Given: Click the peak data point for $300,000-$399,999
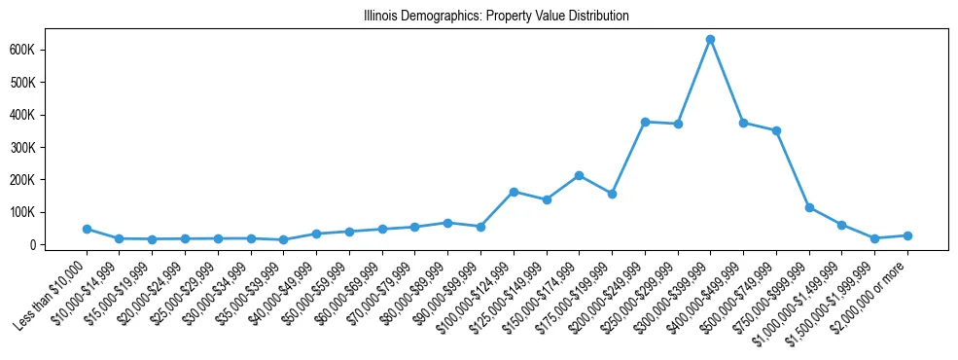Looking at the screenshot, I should [711, 39].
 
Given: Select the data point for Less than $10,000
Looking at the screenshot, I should [87, 229].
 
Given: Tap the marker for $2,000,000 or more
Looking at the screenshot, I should [907, 235].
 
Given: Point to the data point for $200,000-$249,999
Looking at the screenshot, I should [645, 122].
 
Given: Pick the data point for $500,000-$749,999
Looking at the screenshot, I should [776, 130].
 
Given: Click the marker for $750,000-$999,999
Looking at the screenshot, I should [809, 207].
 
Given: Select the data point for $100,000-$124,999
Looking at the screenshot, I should [514, 192].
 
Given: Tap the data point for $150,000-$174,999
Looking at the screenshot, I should [579, 175].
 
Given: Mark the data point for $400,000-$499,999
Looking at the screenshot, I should [743, 123].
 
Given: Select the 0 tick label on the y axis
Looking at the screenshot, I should [58, 245].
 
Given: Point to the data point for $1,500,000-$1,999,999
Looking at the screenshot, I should [874, 238].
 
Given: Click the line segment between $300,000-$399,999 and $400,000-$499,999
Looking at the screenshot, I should [727, 81].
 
